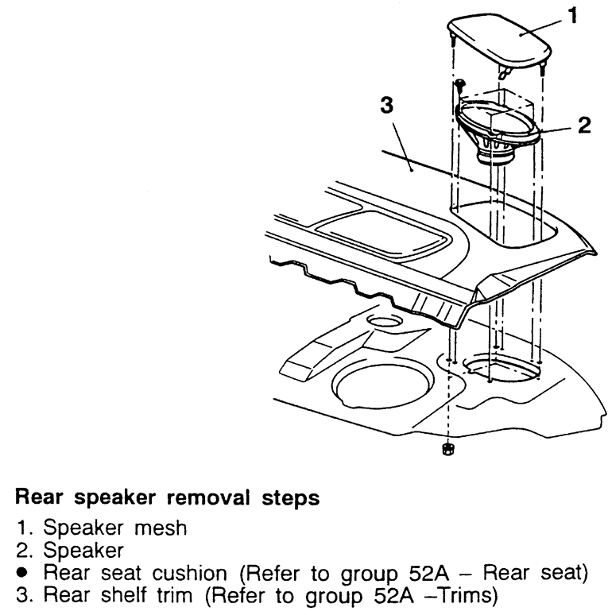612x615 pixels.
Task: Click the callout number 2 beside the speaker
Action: tap(583, 126)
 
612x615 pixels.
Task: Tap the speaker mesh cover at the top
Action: tap(498, 41)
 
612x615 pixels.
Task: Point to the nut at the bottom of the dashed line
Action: tap(448, 450)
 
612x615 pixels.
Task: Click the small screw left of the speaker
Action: tap(459, 83)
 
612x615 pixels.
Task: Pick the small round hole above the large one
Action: tap(385, 323)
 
